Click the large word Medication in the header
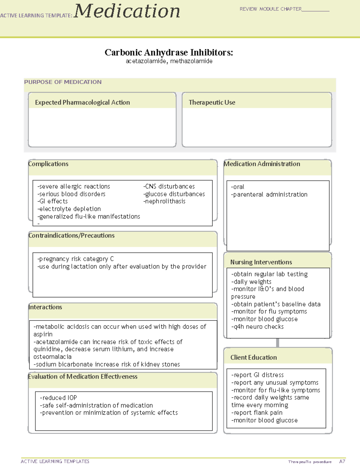(x=127, y=11)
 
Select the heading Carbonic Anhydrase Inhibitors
(x=169, y=53)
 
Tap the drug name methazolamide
(x=191, y=61)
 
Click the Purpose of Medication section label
(x=63, y=82)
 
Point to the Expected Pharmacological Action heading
(x=82, y=102)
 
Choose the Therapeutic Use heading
(x=212, y=102)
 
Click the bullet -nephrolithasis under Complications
(x=164, y=201)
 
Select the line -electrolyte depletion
(x=69, y=209)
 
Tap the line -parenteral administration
(x=269, y=194)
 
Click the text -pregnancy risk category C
(x=76, y=259)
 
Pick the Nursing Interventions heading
(x=261, y=262)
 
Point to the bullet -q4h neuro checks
(x=257, y=327)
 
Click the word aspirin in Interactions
(x=43, y=334)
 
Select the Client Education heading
(x=253, y=357)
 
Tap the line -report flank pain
(x=257, y=413)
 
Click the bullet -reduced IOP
(x=58, y=398)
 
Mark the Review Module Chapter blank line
(x=315, y=10)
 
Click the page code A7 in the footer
(x=342, y=461)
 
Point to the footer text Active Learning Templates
(x=55, y=461)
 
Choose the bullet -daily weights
(x=251, y=282)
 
